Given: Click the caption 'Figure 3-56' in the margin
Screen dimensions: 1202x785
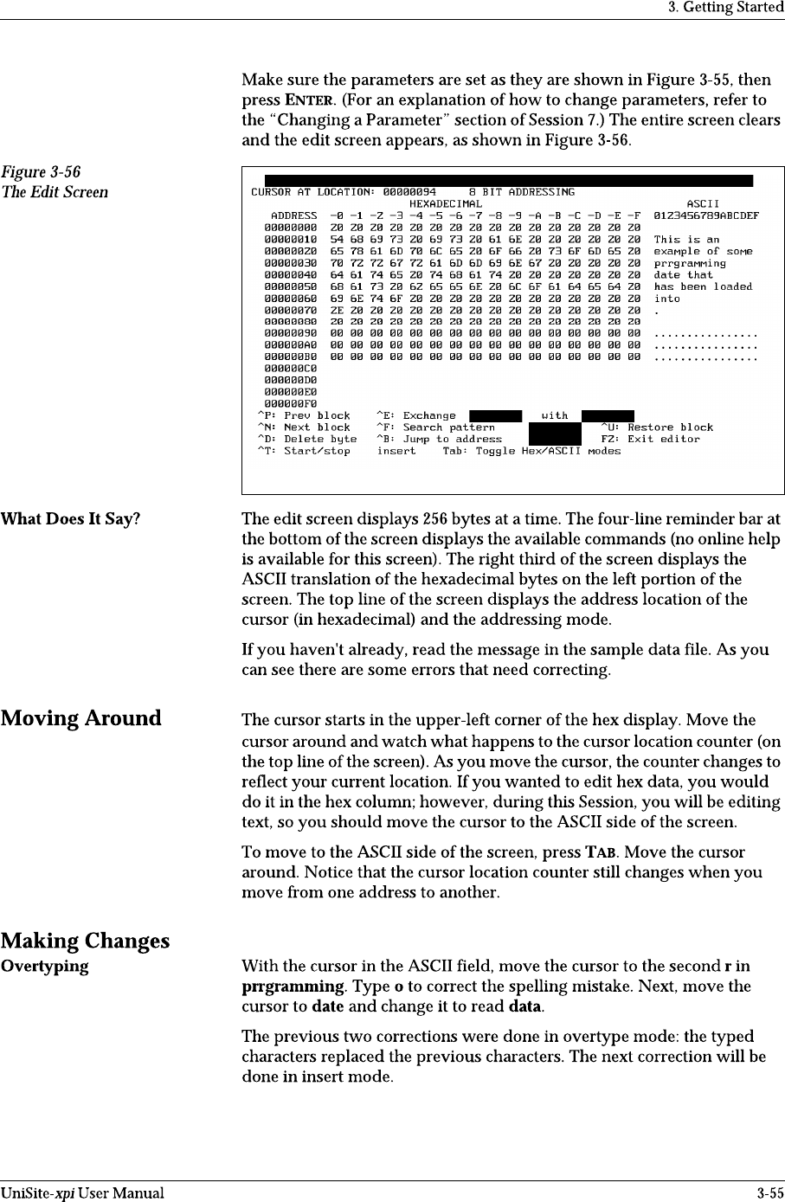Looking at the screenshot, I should click(41, 173).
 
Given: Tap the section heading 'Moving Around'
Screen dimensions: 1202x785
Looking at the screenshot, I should click(81, 718).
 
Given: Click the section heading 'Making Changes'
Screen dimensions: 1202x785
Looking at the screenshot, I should click(85, 941).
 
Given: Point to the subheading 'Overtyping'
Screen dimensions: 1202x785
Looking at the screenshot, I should click(44, 966).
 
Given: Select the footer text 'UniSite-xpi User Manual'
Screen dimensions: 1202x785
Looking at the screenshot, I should click(82, 1193).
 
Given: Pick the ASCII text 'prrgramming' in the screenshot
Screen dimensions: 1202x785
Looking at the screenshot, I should click(690, 263).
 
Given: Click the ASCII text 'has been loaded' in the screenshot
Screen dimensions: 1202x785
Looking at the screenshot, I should click(703, 286).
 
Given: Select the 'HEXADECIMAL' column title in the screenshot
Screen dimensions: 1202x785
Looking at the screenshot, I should click(445, 203).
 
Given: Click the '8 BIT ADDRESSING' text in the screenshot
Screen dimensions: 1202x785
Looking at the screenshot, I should click(521, 192).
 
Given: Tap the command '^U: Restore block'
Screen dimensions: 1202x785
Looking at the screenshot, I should click(657, 427).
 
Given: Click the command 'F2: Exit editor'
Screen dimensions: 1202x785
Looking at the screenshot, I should click(650, 439).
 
